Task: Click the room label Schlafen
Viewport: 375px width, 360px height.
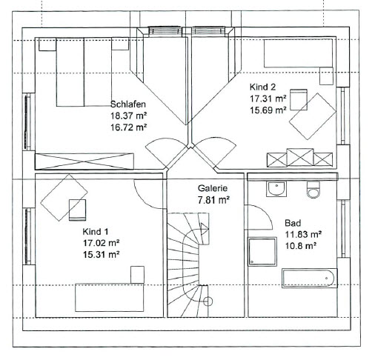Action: (x=127, y=104)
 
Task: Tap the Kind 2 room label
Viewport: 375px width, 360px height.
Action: (x=262, y=87)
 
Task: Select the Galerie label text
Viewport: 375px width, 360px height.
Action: (x=213, y=188)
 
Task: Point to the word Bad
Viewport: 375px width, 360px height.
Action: (x=293, y=223)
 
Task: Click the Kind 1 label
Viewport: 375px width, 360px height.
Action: (x=96, y=232)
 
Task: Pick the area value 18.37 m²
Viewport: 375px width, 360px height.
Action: (x=129, y=116)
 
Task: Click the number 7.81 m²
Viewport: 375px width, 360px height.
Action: (x=213, y=200)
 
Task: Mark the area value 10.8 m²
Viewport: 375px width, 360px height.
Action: (x=301, y=246)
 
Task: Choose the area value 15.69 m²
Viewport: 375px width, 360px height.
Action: (x=268, y=110)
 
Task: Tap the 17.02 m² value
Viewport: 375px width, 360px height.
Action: (x=101, y=243)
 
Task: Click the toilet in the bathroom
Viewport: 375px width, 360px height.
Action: (x=313, y=190)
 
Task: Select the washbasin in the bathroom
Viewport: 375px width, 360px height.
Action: (x=276, y=189)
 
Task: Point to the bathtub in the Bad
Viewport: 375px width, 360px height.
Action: (x=310, y=279)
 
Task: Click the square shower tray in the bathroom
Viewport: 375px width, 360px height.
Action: (x=262, y=252)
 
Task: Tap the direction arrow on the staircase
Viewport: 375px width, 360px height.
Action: (x=205, y=229)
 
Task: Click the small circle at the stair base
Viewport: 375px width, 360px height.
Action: (x=208, y=301)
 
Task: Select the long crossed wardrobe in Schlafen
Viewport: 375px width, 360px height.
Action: (x=84, y=161)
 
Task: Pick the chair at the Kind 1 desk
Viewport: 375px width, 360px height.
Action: (x=77, y=210)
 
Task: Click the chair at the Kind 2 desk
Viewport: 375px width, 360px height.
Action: (x=299, y=99)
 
